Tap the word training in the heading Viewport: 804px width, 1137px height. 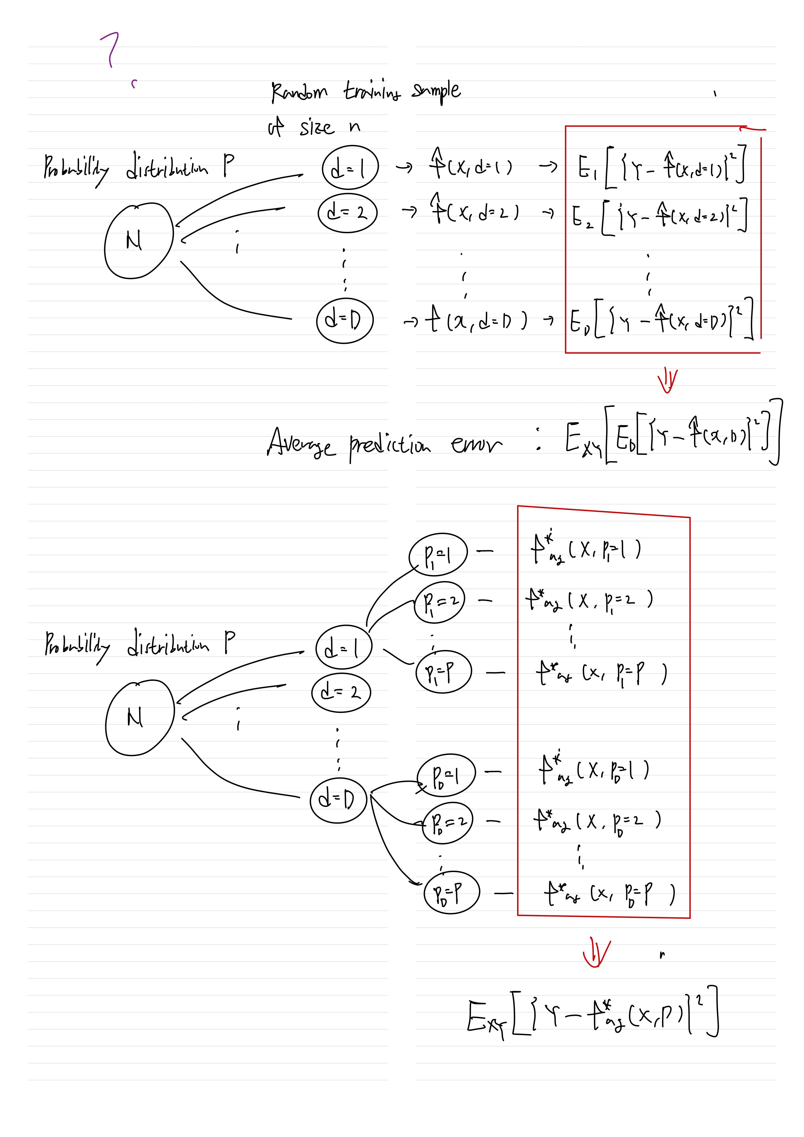(x=372, y=91)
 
